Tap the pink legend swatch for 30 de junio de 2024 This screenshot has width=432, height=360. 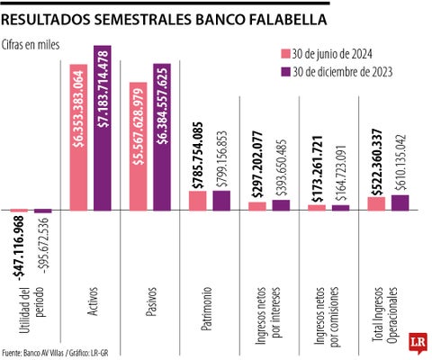click(x=285, y=53)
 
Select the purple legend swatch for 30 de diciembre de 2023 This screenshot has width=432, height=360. click(x=285, y=71)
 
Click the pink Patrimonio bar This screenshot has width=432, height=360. click(x=197, y=202)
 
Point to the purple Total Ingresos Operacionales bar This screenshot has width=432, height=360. click(x=400, y=203)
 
